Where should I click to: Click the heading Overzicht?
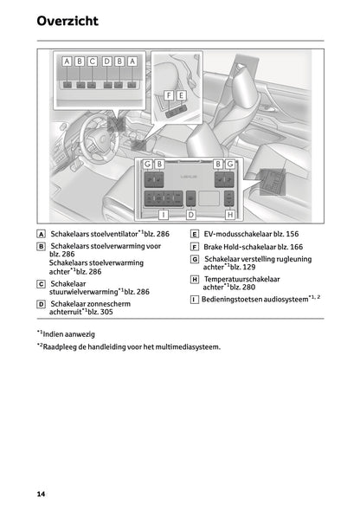point(67,21)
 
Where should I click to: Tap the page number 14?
point(41,494)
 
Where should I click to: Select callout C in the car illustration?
point(92,61)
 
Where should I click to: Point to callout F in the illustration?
point(169,95)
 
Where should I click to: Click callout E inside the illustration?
point(181,95)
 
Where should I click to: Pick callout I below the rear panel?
point(164,215)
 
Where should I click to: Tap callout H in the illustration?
point(230,215)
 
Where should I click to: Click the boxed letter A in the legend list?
point(41,234)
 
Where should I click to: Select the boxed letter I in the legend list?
point(195,300)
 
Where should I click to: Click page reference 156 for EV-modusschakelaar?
point(292,234)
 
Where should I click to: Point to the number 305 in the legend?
point(106,312)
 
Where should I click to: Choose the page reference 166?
point(296,247)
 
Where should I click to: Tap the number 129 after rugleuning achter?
point(249,268)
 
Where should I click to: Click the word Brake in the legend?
point(213,247)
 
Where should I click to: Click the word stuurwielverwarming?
point(84,292)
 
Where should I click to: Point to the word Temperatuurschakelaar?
point(241,279)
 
